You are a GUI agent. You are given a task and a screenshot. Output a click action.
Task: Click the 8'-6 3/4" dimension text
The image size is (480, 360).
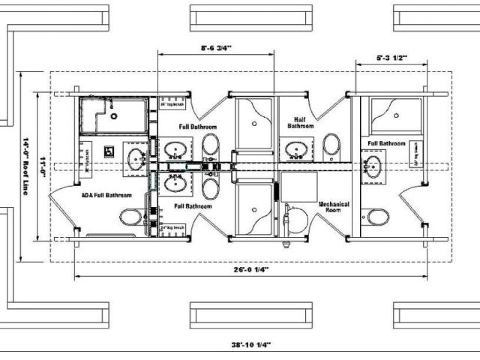coord(216,48)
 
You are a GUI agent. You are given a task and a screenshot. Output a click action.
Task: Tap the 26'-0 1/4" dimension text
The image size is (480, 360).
coord(250,268)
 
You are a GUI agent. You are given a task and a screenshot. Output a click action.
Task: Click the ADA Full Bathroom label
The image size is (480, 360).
coord(106,195)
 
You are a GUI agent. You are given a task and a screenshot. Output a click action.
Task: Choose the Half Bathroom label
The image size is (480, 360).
coord(299,123)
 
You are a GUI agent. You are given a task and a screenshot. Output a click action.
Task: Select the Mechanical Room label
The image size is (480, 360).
coord(334,208)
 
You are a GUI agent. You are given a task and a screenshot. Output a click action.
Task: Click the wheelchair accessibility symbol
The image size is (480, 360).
coord(109,151)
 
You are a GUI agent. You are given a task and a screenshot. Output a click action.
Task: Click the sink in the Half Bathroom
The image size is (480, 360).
coord(298,150)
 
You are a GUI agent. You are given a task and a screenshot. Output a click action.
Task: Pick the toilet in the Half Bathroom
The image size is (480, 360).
coord(331,145)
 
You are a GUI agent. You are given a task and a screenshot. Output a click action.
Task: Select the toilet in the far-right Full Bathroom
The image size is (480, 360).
coord(378,217)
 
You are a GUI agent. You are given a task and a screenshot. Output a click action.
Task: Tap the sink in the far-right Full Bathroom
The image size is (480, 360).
coord(373,166)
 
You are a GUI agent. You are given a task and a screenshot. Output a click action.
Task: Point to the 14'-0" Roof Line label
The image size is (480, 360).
coord(25,166)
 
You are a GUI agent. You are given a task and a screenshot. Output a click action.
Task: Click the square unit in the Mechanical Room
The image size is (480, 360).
coord(298,186)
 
